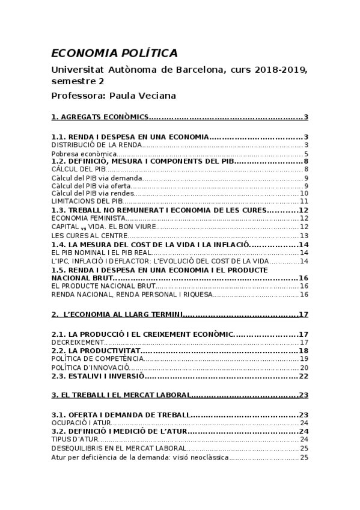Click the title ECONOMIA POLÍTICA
(x=114, y=53)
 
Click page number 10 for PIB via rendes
(x=304, y=194)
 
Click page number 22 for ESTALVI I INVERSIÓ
(x=303, y=376)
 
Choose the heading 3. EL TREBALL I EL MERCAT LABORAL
(x=121, y=395)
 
